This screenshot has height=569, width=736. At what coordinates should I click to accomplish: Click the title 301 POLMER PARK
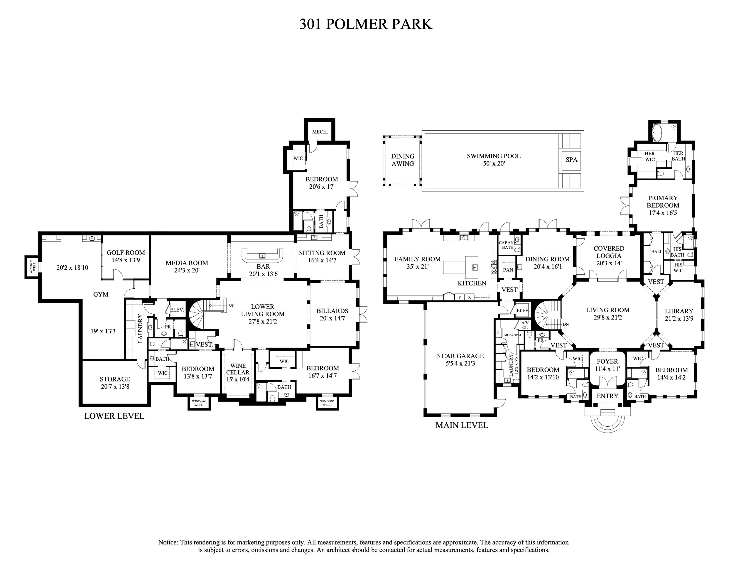point(366,24)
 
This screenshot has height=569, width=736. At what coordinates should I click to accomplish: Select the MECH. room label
point(319,132)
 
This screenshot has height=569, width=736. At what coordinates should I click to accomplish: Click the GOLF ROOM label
point(126,253)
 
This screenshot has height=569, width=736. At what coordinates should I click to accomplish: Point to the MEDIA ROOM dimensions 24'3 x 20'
point(187,270)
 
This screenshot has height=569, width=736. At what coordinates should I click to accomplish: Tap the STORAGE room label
point(115,379)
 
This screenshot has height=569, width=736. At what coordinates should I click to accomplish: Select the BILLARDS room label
point(332,311)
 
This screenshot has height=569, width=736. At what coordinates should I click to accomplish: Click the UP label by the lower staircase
point(232,305)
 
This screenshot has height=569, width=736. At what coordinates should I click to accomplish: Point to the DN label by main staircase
point(565,324)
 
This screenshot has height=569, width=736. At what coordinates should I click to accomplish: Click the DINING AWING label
point(402,160)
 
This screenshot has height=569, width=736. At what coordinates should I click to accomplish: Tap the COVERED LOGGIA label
point(609,252)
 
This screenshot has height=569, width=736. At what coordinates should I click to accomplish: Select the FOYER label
point(607,361)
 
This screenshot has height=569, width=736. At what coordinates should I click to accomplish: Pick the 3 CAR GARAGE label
point(460,356)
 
